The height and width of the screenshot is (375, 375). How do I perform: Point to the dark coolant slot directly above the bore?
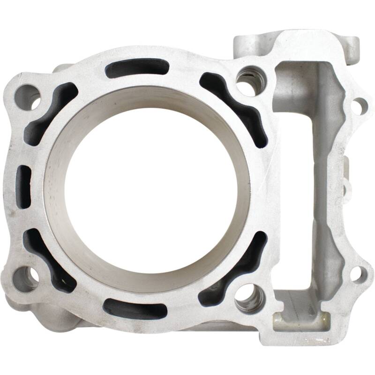coord(137,68)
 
